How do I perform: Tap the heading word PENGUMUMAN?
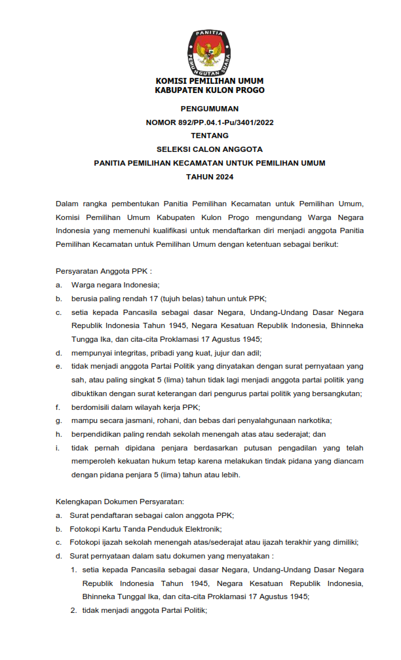pos(210,109)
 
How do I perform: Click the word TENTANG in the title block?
pos(210,136)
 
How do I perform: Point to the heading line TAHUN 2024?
pos(210,177)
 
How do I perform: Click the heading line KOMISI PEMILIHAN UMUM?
pos(210,81)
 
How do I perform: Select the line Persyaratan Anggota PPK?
pos(104,271)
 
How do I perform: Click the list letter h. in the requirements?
pos(58,434)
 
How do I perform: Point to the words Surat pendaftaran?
pos(100,515)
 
